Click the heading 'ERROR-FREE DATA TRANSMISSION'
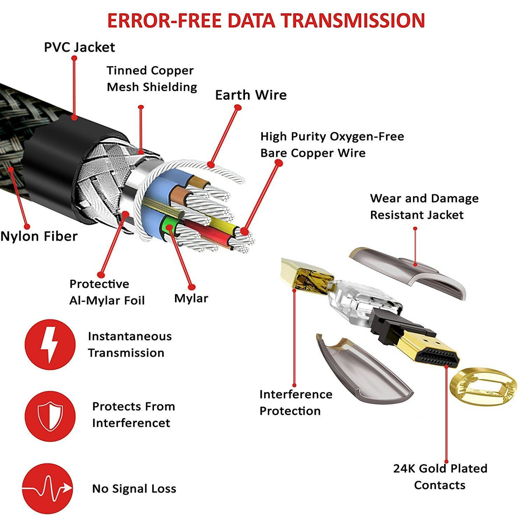pos(266,21)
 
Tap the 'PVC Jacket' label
pos(80,47)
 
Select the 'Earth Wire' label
pos(251,95)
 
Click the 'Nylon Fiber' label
pos(39,236)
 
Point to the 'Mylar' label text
pos(191,298)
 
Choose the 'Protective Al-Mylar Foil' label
pos(107,292)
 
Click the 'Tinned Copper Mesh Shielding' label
pos(152,79)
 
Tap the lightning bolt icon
pos(50,344)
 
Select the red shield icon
pos(50,416)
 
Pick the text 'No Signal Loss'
pos(134,489)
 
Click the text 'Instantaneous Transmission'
pos(129,344)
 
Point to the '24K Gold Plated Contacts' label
pos(440,477)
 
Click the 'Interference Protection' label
pos(296,402)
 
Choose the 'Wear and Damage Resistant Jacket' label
pos(424,206)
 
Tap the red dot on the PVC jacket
pos(74,117)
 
